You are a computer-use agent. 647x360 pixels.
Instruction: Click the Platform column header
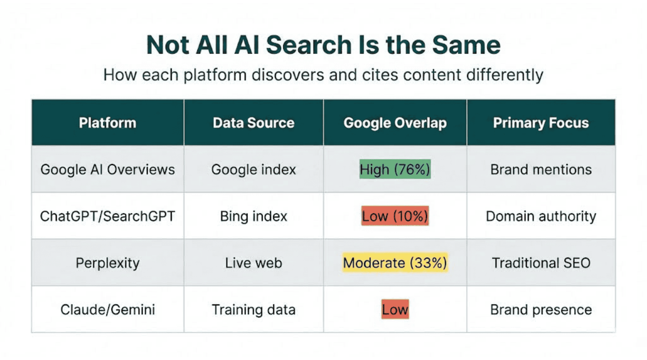pyautogui.click(x=107, y=123)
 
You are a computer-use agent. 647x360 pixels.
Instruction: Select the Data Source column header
pyautogui.click(x=253, y=123)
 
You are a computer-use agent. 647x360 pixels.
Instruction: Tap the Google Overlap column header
pyautogui.click(x=395, y=123)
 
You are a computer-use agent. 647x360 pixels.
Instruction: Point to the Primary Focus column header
pyautogui.click(x=541, y=123)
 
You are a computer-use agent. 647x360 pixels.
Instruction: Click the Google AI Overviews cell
pyautogui.click(x=107, y=169)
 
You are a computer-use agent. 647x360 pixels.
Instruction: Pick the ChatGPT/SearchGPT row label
pyautogui.click(x=107, y=216)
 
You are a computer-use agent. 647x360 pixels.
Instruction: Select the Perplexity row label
pyautogui.click(x=107, y=263)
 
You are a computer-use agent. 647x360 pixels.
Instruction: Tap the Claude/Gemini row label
pyautogui.click(x=107, y=310)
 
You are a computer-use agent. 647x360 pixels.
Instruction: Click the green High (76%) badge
pyautogui.click(x=395, y=169)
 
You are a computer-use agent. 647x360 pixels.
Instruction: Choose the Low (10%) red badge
pyautogui.click(x=395, y=216)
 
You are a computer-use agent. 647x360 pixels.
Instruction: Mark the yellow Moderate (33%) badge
pyautogui.click(x=395, y=263)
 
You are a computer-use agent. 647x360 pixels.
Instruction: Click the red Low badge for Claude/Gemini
pyautogui.click(x=395, y=310)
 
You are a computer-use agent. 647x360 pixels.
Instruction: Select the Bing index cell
pyautogui.click(x=253, y=216)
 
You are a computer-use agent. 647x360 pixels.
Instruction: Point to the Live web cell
pyautogui.click(x=253, y=263)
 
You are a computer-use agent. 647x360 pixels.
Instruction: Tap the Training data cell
pyautogui.click(x=253, y=310)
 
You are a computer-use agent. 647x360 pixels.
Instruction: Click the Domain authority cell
pyautogui.click(x=541, y=216)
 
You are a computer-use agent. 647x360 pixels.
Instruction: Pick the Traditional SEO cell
pyautogui.click(x=541, y=263)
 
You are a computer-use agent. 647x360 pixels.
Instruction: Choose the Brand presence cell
pyautogui.click(x=541, y=310)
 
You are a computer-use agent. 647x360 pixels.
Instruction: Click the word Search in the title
pyautogui.click(x=309, y=45)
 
